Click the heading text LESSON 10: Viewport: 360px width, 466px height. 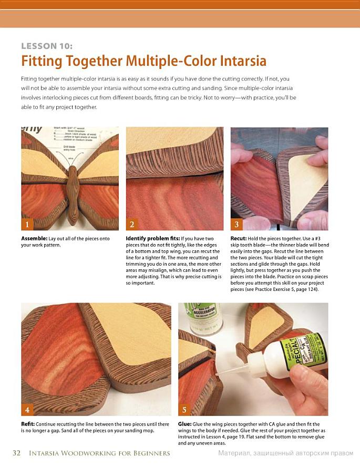coord(47,46)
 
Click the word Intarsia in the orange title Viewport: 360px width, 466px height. coord(243,60)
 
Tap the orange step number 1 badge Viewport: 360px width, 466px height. coord(27,224)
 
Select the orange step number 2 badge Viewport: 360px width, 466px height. coord(132,224)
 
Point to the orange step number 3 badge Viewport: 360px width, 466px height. coord(236,224)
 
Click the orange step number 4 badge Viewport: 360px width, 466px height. coord(27,410)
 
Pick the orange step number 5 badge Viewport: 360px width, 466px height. coord(184,410)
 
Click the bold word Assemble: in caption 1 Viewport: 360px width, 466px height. coord(34,238)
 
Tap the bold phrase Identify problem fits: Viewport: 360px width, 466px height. coord(153,238)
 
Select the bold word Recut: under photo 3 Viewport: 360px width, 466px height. coord(239,238)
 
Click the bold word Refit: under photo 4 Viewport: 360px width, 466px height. coord(28,424)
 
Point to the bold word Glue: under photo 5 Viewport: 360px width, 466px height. coord(185,424)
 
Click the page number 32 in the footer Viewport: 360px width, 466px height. coord(17,453)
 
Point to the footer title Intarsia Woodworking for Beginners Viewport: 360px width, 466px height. coord(99,453)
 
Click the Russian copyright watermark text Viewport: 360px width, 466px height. coord(286,453)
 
